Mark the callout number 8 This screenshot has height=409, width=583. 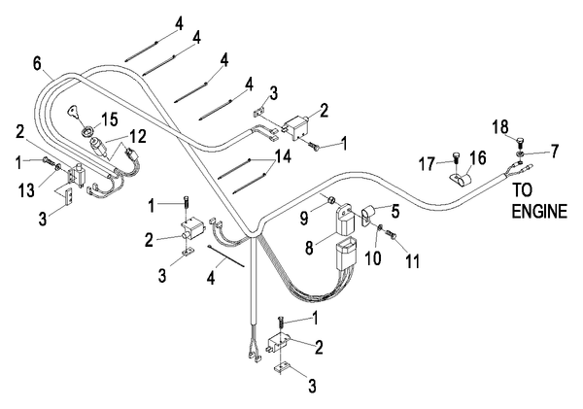point(309,248)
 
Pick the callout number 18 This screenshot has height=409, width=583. point(500,125)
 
